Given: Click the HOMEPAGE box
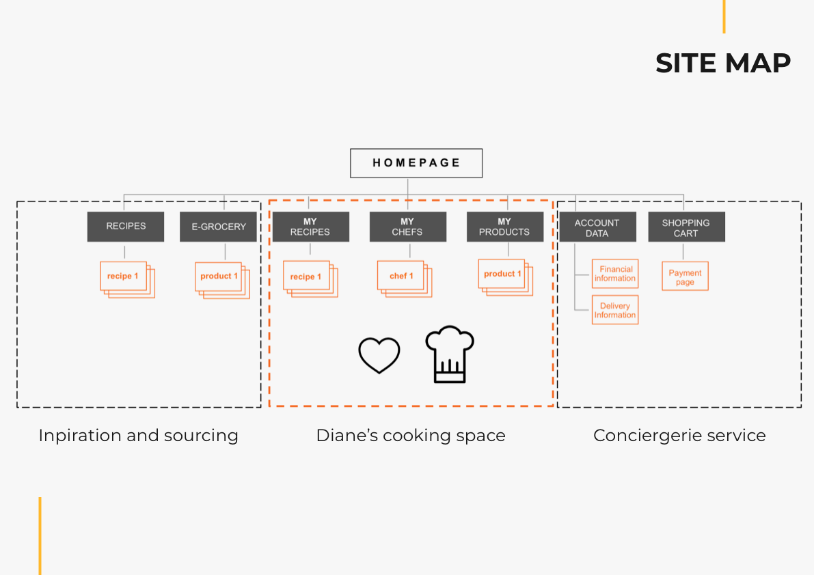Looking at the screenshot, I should click(x=416, y=163).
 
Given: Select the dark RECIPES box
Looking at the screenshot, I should click(x=126, y=227).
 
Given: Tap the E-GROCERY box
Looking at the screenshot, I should click(x=218, y=227).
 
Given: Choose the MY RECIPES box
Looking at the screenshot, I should click(x=310, y=227).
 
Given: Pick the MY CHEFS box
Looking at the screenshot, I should click(x=407, y=227).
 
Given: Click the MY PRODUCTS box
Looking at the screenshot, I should click(x=504, y=227).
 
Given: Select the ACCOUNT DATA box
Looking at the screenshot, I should click(x=597, y=227).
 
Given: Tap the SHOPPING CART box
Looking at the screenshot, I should click(x=686, y=227).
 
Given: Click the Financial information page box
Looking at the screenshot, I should click(x=615, y=274).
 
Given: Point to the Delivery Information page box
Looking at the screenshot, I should click(x=615, y=310).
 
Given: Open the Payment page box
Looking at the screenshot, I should click(x=685, y=277).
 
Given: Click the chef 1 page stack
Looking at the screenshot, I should click(x=402, y=276).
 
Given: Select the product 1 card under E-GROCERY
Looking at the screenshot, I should click(x=219, y=277).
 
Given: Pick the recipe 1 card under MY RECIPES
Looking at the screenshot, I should click(x=307, y=277).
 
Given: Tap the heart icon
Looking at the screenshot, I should click(x=379, y=355).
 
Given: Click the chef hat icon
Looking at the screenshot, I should click(x=450, y=354).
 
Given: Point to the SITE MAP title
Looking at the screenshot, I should click(x=722, y=64).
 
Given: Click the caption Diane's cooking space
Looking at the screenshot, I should click(x=410, y=436).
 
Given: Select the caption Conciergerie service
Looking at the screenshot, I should click(x=679, y=436).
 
